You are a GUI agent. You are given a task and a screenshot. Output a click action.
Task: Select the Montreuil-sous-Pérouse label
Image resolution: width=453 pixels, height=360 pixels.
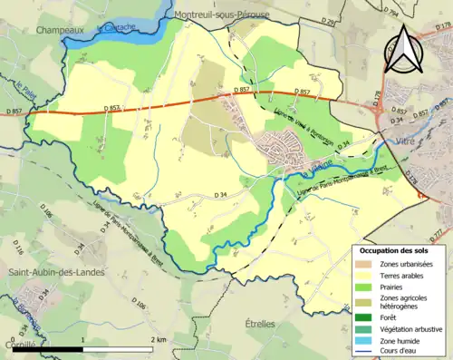click(217, 15)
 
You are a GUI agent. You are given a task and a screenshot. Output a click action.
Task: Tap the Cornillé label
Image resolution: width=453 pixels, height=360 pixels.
click(18, 345)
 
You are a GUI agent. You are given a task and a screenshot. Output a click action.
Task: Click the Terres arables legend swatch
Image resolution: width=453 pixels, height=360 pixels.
click(363, 274)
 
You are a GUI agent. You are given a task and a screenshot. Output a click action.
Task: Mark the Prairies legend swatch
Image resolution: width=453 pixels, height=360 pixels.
click(363, 286)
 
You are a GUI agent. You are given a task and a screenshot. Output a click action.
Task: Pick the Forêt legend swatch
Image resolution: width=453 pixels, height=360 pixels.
click(363, 316)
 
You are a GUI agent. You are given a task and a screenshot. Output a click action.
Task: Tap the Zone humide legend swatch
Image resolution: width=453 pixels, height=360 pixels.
click(363, 340)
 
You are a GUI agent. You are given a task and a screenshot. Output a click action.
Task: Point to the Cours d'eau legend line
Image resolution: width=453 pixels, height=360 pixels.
click(363, 352)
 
